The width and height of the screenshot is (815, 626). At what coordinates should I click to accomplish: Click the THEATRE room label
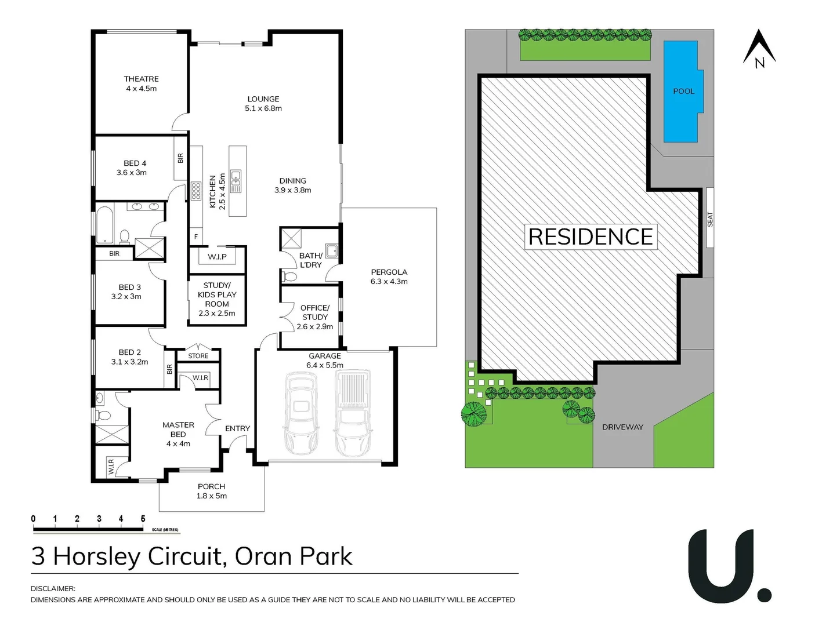141,79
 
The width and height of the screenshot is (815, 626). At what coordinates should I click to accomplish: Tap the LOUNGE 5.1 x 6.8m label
263,104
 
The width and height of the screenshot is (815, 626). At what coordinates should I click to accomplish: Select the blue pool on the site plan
682,91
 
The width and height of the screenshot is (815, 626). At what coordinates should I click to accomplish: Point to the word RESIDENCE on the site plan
591,237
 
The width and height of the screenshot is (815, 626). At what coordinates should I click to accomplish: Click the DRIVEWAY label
622,427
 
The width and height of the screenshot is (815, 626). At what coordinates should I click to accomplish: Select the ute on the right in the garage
353,412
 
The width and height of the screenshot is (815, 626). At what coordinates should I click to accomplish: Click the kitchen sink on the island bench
236,181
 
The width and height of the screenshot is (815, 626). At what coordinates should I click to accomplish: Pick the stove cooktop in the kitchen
196,191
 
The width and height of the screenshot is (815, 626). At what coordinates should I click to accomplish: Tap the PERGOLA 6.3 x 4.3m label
389,276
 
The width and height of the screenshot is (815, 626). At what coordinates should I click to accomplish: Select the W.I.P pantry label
217,257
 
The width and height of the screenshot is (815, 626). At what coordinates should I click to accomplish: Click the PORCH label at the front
211,487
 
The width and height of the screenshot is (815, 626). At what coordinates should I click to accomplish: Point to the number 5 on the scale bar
143,519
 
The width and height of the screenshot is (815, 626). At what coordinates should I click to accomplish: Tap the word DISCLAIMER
53,588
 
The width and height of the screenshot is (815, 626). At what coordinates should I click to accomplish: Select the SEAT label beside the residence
710,219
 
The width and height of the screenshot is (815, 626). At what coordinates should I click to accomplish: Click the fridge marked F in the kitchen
196,237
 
